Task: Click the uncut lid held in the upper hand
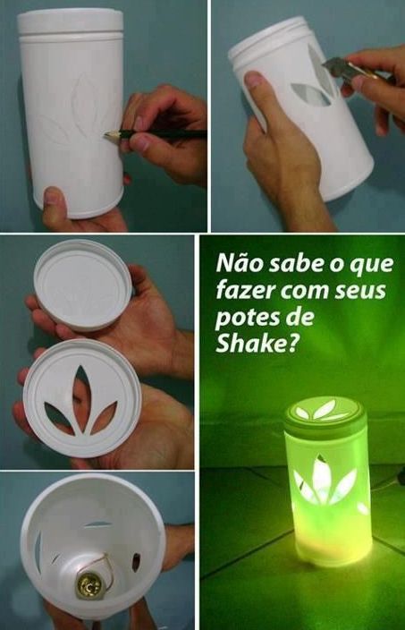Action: point(82,285)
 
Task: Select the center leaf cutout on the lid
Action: point(82,397)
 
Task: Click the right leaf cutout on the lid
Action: point(104,417)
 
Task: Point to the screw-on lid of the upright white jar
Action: point(71,22)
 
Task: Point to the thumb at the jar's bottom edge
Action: point(55,206)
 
